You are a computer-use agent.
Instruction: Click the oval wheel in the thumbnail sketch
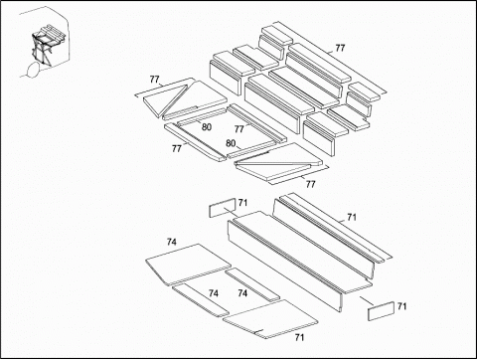pyautogui.click(x=33, y=70)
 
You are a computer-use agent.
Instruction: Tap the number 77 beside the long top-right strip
pyautogui.click(x=340, y=48)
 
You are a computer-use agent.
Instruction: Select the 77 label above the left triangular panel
pyautogui.click(x=154, y=80)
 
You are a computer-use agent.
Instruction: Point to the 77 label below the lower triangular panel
pyautogui.click(x=310, y=184)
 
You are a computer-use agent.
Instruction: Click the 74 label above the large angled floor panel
pyautogui.click(x=172, y=242)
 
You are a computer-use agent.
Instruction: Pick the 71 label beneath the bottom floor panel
pyautogui.click(x=299, y=337)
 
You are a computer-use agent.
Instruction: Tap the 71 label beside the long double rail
pyautogui.click(x=352, y=217)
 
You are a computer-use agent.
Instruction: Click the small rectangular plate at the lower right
pyautogui.click(x=381, y=311)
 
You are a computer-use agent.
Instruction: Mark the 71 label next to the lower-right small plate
pyautogui.click(x=401, y=306)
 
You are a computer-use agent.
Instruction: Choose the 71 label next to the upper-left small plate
pyautogui.click(x=242, y=203)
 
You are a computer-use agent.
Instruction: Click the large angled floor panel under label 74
pyautogui.click(x=188, y=265)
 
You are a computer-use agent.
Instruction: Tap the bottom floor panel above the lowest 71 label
pyautogui.click(x=270, y=319)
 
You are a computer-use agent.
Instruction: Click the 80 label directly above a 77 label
pyautogui.click(x=206, y=127)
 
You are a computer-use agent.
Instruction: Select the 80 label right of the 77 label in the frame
pyautogui.click(x=231, y=143)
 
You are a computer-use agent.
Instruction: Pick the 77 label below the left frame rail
pyautogui.click(x=177, y=148)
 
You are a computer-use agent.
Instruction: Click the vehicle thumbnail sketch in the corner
pyautogui.click(x=44, y=43)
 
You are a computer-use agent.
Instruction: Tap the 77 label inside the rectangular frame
pyautogui.click(x=239, y=129)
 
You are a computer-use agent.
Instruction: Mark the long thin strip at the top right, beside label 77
pyautogui.click(x=330, y=58)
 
